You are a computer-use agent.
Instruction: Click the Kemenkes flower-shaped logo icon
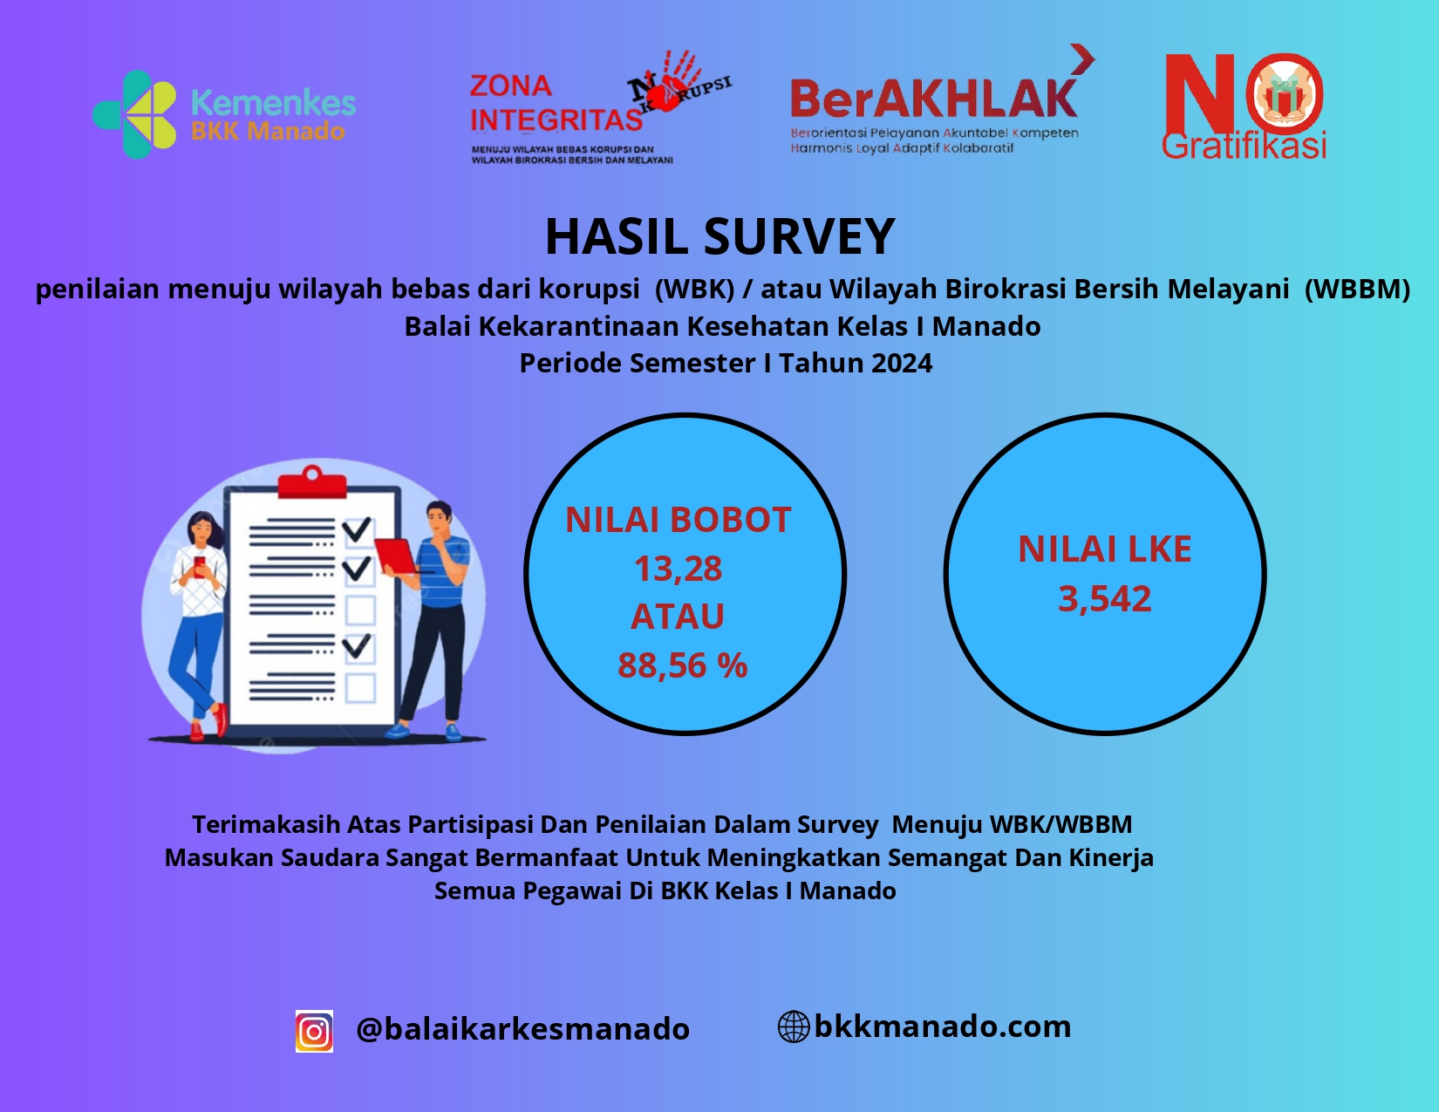click(x=134, y=114)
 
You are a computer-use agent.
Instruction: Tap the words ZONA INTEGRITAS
click(x=556, y=103)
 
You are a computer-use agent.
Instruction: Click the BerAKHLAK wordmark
click(x=934, y=99)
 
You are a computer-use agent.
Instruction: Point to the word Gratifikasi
click(x=1245, y=145)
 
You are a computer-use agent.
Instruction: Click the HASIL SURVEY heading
click(x=719, y=235)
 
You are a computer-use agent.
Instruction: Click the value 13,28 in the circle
click(x=679, y=569)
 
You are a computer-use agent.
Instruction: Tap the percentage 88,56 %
click(x=682, y=665)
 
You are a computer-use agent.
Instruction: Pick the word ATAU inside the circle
click(x=678, y=617)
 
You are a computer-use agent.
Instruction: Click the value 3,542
click(x=1105, y=598)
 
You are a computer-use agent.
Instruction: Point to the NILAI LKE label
click(x=1105, y=549)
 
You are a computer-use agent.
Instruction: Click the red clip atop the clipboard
click(x=312, y=481)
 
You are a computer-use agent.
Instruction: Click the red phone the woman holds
click(x=200, y=566)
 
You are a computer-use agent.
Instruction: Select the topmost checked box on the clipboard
click(x=358, y=530)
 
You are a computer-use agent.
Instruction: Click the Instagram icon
click(x=314, y=1031)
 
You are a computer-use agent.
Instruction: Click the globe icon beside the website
click(x=794, y=1027)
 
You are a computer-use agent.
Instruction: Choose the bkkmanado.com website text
click(x=943, y=1027)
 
